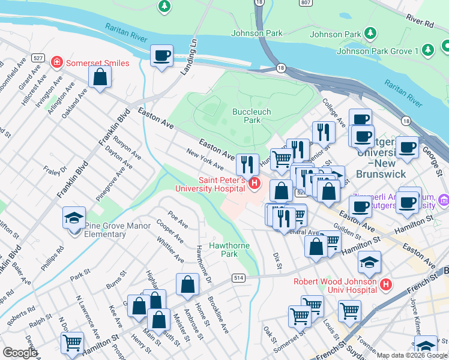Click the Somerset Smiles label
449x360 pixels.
97,63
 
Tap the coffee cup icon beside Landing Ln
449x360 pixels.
161,56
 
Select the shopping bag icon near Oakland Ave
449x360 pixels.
100,77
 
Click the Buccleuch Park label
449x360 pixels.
252,116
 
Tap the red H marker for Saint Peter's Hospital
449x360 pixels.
255,183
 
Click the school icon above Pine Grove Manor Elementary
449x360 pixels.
74,218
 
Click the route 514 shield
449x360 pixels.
239,277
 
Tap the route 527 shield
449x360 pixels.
38,58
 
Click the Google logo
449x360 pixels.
20,353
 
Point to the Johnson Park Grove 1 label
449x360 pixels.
377,51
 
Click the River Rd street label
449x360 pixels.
420,21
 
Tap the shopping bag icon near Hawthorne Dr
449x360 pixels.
188,286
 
